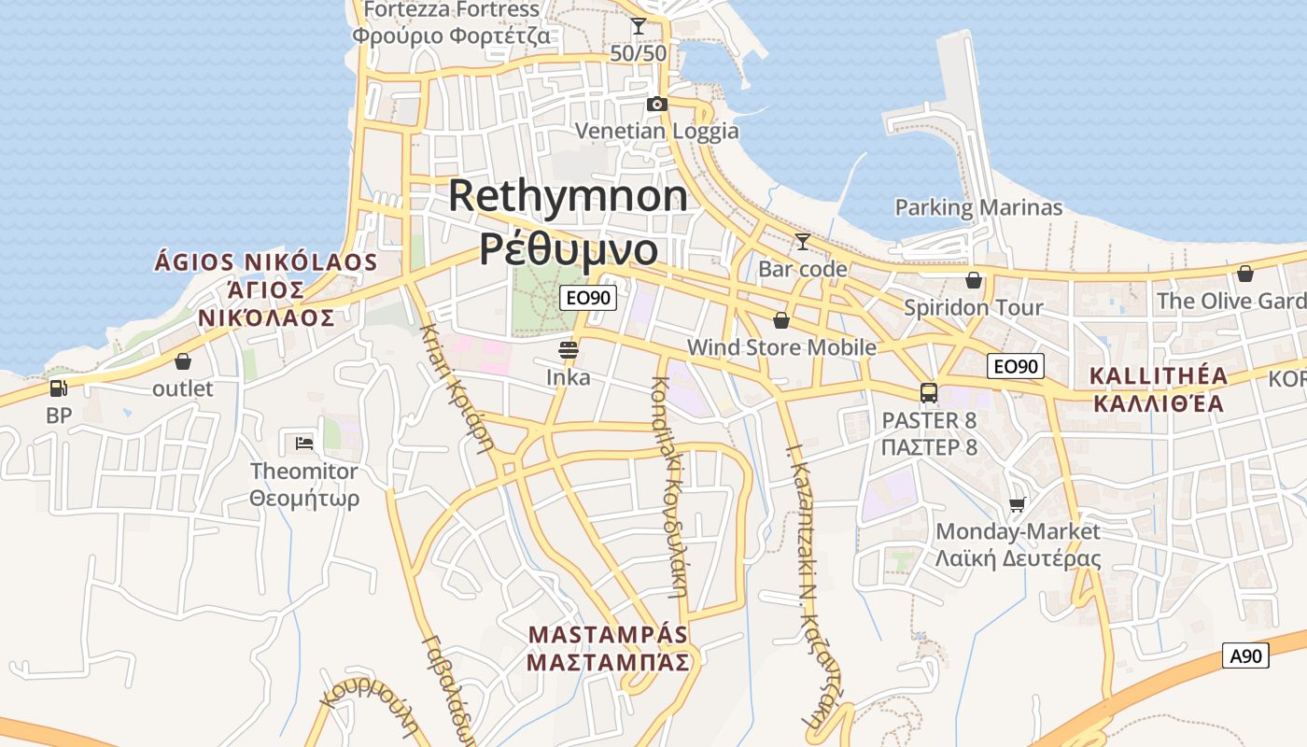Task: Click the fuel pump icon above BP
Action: [x=58, y=388]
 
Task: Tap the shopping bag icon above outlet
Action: [x=183, y=360]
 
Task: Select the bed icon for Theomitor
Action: [x=303, y=443]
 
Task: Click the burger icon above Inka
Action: [x=568, y=350]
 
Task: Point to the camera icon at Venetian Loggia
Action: [x=657, y=104]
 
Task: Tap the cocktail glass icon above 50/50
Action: [x=639, y=26]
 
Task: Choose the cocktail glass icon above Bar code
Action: [x=802, y=242]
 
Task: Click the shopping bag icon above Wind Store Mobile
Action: [x=781, y=320]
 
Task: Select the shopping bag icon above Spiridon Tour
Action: [x=974, y=280]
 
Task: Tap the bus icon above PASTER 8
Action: [x=929, y=393]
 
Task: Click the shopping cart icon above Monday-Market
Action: [x=1018, y=504]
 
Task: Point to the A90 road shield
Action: [x=1245, y=655]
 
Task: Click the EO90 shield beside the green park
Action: [x=588, y=299]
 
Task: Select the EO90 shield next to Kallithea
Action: [x=1016, y=366]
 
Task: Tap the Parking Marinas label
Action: [x=978, y=207]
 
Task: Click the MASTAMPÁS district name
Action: [x=608, y=635]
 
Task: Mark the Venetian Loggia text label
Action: [x=657, y=131]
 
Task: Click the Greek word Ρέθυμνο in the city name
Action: [x=569, y=249]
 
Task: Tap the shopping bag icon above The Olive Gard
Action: [x=1244, y=274]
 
